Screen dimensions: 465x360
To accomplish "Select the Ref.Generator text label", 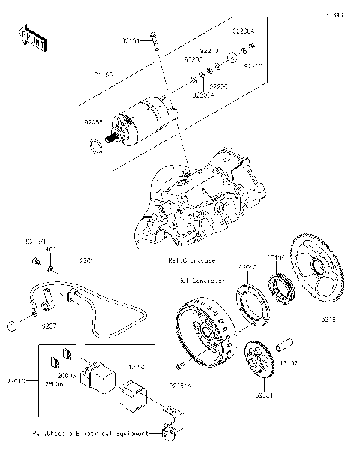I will pyautogui.click(x=201, y=280).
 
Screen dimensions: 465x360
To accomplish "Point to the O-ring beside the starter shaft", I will pyautogui.click(x=96, y=145).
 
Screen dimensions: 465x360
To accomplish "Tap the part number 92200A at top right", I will pyautogui.click(x=243, y=32).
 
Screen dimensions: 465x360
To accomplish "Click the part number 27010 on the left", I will pyautogui.click(x=16, y=381).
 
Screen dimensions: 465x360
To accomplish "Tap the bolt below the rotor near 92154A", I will pyautogui.click(x=179, y=365).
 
